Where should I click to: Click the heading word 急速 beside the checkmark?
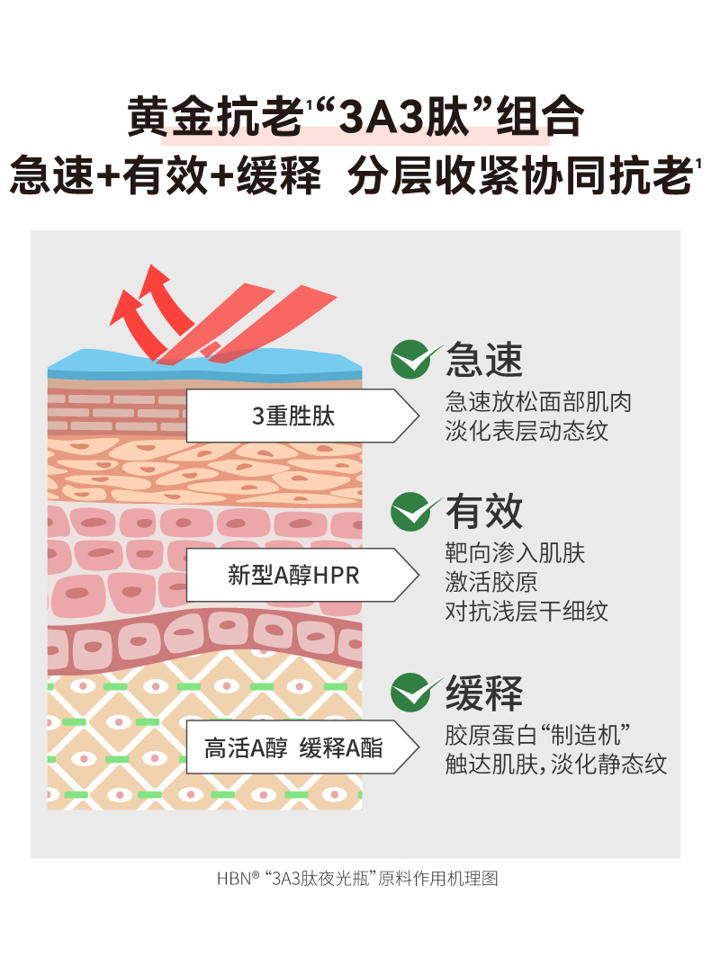(x=484, y=361)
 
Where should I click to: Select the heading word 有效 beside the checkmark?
(x=484, y=512)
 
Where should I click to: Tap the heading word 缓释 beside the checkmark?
(x=484, y=693)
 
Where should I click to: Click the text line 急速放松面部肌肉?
(x=538, y=401)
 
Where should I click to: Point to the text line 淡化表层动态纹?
(x=526, y=430)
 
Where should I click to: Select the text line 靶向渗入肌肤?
(x=515, y=552)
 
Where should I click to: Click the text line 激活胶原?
(x=491, y=581)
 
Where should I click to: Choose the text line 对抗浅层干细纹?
(x=526, y=612)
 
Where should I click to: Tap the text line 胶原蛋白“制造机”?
(x=536, y=734)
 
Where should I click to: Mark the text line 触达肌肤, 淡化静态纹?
(x=556, y=765)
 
